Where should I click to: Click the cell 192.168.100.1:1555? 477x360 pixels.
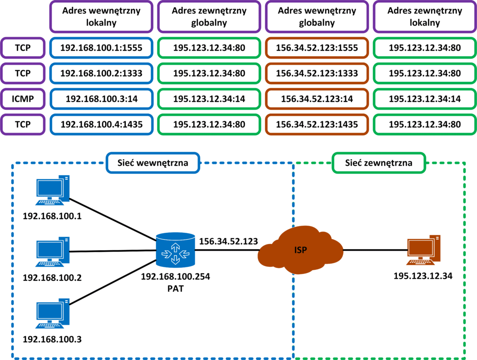pyautogui.click(x=101, y=47)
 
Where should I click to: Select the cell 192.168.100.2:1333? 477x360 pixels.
pyautogui.click(x=101, y=73)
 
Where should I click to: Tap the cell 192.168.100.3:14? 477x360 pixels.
pyautogui.click(x=101, y=99)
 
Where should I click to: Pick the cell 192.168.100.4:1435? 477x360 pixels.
pyautogui.click(x=101, y=124)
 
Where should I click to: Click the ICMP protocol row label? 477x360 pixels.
pyautogui.click(x=23, y=99)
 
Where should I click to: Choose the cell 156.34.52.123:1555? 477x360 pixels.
pyautogui.click(x=317, y=47)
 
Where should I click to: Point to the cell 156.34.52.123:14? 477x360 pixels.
pyautogui.click(x=317, y=99)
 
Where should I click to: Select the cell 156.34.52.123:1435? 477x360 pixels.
pyautogui.click(x=317, y=124)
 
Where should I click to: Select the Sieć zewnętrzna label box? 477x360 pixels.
pyautogui.click(x=378, y=163)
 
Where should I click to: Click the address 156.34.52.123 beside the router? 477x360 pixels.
pyautogui.click(x=229, y=241)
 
